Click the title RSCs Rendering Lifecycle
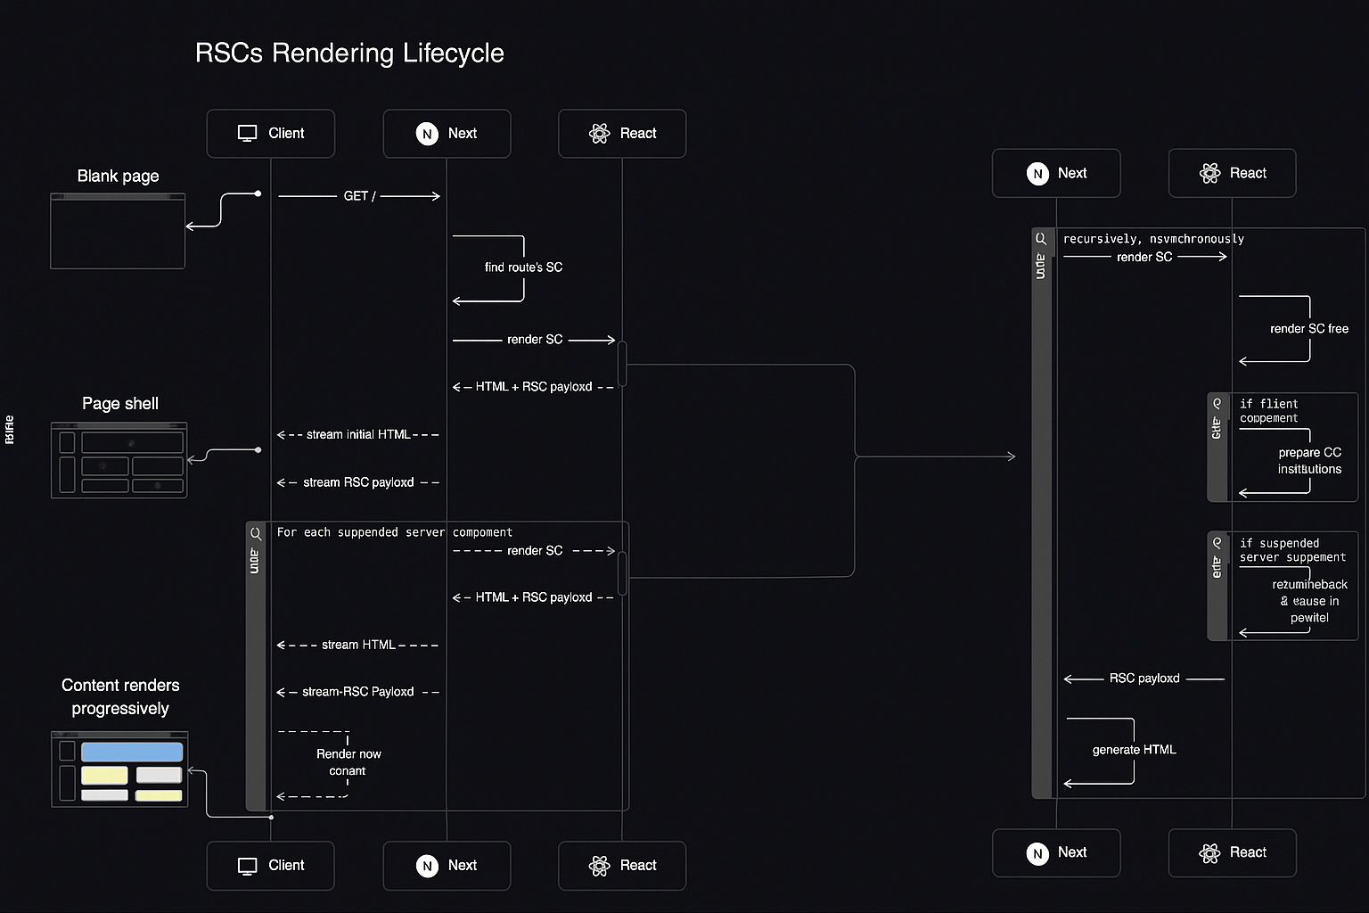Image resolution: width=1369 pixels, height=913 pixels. click(349, 53)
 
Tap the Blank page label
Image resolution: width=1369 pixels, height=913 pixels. click(118, 177)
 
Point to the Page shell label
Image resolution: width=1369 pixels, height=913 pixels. click(120, 404)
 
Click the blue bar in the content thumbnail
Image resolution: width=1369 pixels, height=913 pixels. click(132, 752)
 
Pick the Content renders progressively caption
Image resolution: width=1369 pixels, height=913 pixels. click(120, 696)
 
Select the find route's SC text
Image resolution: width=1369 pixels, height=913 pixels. click(523, 267)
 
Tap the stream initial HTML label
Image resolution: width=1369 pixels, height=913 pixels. click(358, 435)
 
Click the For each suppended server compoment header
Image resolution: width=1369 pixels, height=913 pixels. click(394, 532)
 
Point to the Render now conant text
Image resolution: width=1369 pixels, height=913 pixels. click(348, 762)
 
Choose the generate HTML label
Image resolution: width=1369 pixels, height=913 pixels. click(1134, 750)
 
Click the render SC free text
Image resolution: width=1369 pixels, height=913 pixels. click(1308, 329)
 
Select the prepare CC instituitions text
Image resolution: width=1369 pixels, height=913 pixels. click(1309, 461)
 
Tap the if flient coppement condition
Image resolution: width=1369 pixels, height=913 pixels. click(1268, 411)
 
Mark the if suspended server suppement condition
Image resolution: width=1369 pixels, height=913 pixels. click(1291, 550)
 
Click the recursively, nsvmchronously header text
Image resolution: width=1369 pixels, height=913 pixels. click(1153, 239)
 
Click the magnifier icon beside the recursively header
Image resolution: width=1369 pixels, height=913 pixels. click(1040, 239)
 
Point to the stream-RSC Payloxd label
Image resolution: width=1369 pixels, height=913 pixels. click(357, 692)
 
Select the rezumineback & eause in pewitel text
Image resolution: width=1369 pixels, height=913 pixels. click(1309, 601)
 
